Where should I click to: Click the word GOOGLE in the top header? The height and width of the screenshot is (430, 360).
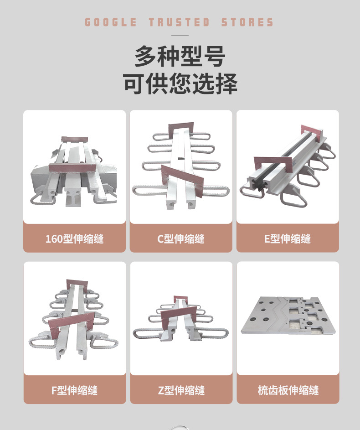pyautogui.click(x=111, y=22)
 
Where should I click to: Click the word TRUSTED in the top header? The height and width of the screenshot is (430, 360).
pyautogui.click(x=180, y=22)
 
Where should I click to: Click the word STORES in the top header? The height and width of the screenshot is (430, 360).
pyautogui.click(x=247, y=22)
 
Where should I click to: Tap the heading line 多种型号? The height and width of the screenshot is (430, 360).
pyautogui.click(x=180, y=56)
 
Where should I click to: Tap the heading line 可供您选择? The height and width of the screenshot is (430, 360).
pyautogui.click(x=180, y=83)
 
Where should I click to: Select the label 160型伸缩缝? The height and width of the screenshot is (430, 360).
pyautogui.click(x=75, y=238)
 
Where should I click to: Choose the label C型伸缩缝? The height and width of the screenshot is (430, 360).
pyautogui.click(x=181, y=238)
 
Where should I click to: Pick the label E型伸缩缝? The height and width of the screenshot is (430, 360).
pyautogui.click(x=288, y=238)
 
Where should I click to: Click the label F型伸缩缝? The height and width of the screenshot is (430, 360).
pyautogui.click(x=75, y=390)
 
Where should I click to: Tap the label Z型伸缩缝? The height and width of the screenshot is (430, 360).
pyautogui.click(x=181, y=390)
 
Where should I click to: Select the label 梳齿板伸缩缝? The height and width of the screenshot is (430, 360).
pyautogui.click(x=288, y=390)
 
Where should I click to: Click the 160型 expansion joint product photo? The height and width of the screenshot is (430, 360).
pyautogui.click(x=73, y=171)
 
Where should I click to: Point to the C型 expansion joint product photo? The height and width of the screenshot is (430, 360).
pyautogui.click(x=181, y=166)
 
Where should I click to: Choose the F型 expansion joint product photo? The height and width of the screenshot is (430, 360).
pyautogui.click(x=73, y=320)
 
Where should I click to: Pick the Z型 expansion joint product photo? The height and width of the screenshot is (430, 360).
pyautogui.click(x=180, y=319)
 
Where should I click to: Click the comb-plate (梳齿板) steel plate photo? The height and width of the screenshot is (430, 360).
pyautogui.click(x=288, y=316)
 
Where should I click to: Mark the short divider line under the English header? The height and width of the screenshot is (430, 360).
pyautogui.click(x=180, y=36)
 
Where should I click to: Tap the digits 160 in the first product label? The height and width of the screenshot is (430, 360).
pyautogui.click(x=54, y=239)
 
